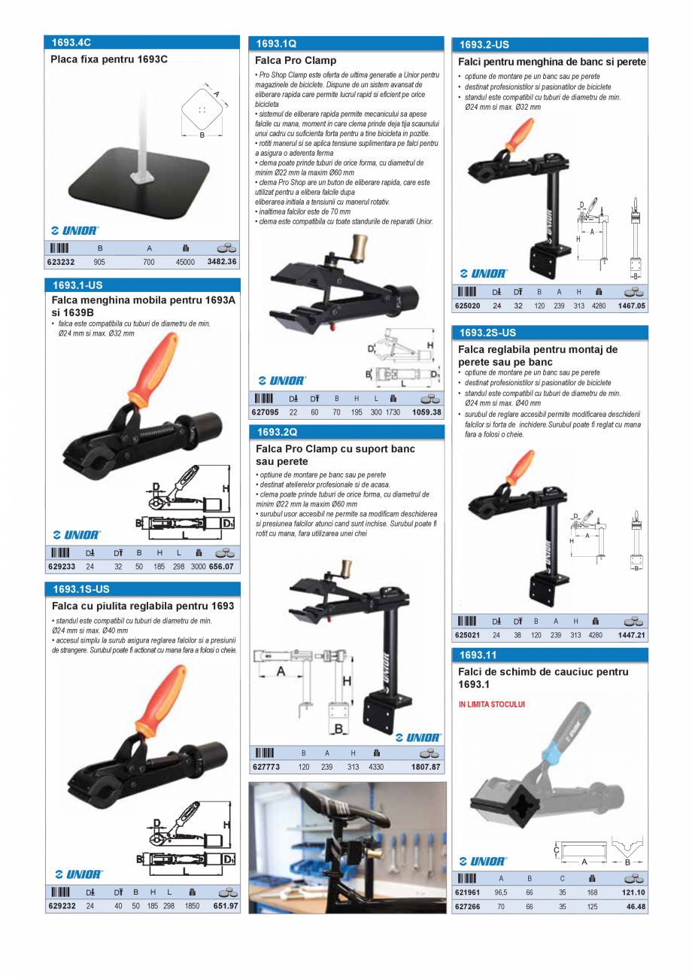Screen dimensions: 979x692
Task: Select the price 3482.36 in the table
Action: pyautogui.click(x=222, y=263)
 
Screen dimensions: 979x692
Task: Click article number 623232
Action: pyautogui.click(x=62, y=263)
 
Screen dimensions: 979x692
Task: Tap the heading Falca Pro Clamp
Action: pyautogui.click(x=296, y=60)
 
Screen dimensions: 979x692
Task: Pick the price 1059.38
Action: pyautogui.click(x=426, y=412)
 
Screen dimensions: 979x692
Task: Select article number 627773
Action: pyautogui.click(x=266, y=767)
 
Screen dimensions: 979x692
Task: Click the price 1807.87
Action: pyautogui.click(x=426, y=767)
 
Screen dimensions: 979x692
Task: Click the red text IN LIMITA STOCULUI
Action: pyautogui.click(x=491, y=705)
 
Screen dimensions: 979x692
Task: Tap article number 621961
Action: pyautogui.click(x=469, y=892)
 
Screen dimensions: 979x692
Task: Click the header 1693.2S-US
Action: pyautogui.click(x=488, y=333)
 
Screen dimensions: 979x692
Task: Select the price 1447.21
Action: pyautogui.click(x=631, y=635)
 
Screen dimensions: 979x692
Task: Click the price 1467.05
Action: pyautogui.click(x=631, y=306)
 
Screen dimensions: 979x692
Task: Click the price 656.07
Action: pyautogui.click(x=221, y=567)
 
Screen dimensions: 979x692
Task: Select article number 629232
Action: pyautogui.click(x=62, y=906)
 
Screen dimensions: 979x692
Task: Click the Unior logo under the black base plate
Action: pyautogui.click(x=74, y=230)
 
